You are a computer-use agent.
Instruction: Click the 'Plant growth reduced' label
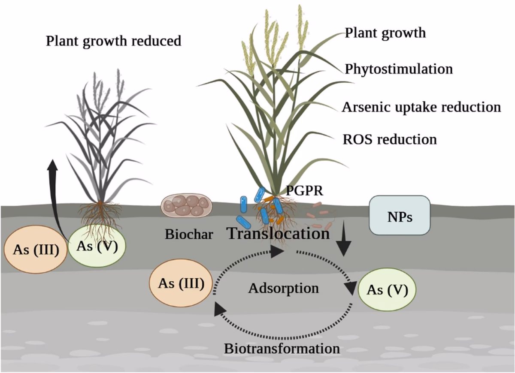click(x=113, y=42)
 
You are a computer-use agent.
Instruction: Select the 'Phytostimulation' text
click(x=399, y=69)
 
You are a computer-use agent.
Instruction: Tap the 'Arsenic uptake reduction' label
click(x=421, y=107)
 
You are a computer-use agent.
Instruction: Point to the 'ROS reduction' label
click(x=390, y=139)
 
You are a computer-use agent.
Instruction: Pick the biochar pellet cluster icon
click(x=187, y=205)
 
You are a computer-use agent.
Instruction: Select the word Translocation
click(x=278, y=233)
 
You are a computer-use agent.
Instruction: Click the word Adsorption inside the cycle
click(x=283, y=288)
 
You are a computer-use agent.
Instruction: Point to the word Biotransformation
click(x=282, y=348)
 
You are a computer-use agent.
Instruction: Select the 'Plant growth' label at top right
click(x=385, y=33)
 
